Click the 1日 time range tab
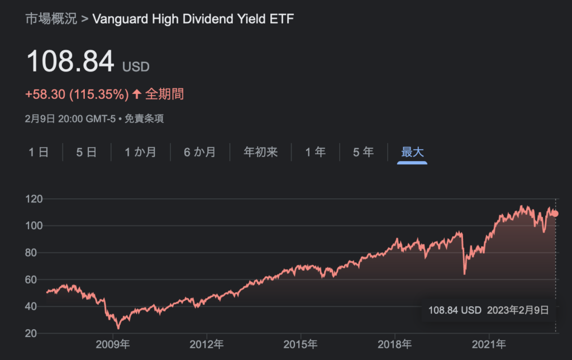pyautogui.click(x=39, y=152)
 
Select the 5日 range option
pyautogui.click(x=87, y=152)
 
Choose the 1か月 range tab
pyautogui.click(x=140, y=152)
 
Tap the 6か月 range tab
pyautogui.click(x=199, y=152)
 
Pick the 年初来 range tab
pyautogui.click(x=260, y=152)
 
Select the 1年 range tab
pyautogui.click(x=316, y=152)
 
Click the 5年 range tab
pyautogui.click(x=364, y=152)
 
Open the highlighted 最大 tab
pyautogui.click(x=412, y=152)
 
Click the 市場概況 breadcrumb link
pyautogui.click(x=51, y=19)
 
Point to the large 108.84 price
pyautogui.click(x=70, y=61)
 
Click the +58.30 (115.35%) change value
pyautogui.click(x=77, y=94)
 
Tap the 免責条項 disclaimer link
pyautogui.click(x=145, y=119)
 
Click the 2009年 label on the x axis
pyautogui.click(x=112, y=343)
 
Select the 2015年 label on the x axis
pyautogui.click(x=301, y=343)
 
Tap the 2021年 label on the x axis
pyautogui.click(x=489, y=343)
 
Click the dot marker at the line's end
pyautogui.click(x=555, y=214)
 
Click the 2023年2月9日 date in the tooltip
pyautogui.click(x=518, y=310)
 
